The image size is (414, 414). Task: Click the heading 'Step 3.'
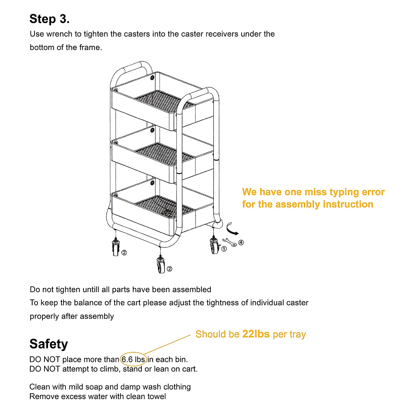tap(49, 19)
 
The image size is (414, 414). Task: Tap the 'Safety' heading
tap(49, 344)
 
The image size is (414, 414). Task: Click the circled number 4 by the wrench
tap(241, 243)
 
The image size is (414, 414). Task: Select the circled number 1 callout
tap(224, 248)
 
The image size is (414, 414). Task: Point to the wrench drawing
tap(230, 242)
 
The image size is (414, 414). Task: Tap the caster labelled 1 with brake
tap(214, 246)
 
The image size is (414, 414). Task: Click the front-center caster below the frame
tap(161, 265)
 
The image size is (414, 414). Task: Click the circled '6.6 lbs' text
tap(133, 359)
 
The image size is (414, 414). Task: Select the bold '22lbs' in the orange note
tap(256, 334)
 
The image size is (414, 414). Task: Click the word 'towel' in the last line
tap(157, 396)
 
